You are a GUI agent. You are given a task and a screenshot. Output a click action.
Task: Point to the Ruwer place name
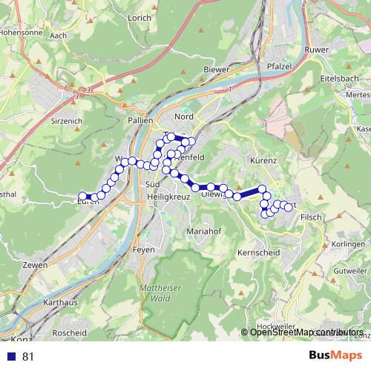(316, 50)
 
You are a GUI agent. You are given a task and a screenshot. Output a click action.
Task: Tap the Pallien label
(140, 119)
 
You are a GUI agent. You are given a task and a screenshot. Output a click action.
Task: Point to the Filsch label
(312, 217)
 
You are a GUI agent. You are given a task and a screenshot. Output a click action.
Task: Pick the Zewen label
(35, 265)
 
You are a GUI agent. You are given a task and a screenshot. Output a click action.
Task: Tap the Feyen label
(143, 250)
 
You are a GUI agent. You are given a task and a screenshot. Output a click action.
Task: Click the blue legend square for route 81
(11, 356)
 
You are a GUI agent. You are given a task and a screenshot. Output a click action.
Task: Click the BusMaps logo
(335, 356)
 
